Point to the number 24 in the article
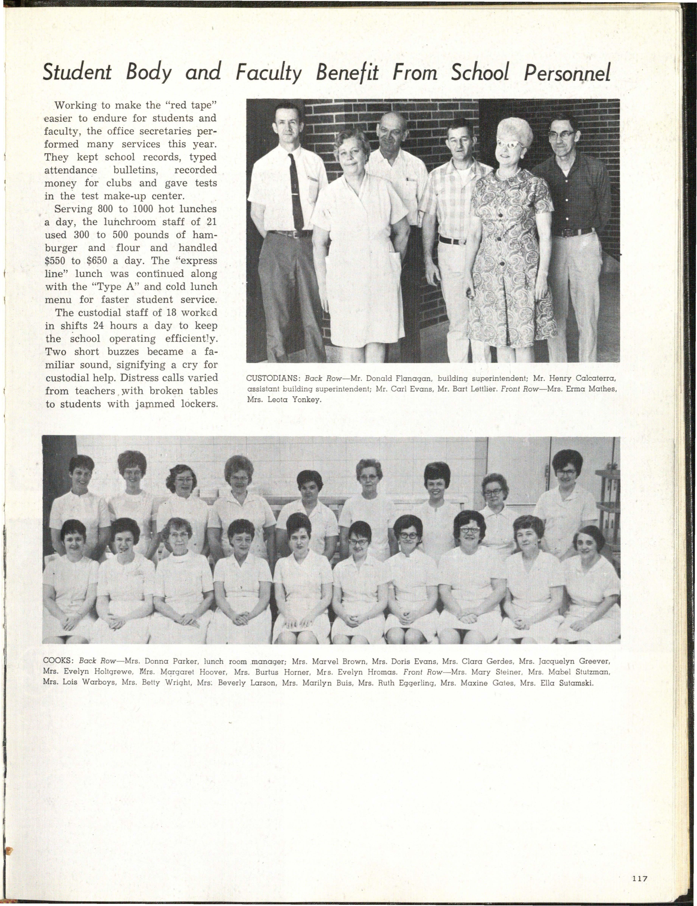click(99, 326)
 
